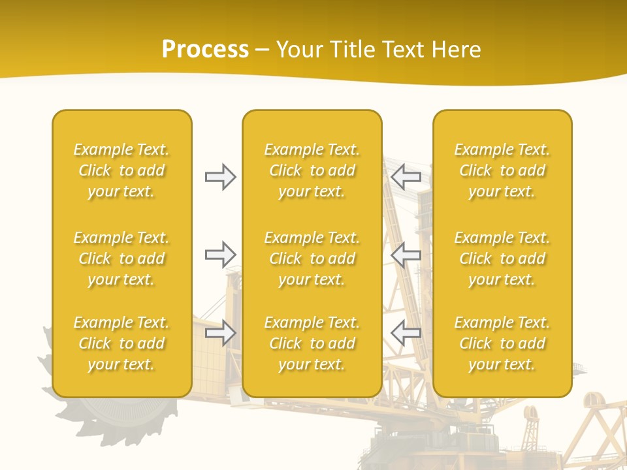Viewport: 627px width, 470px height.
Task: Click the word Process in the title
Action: pos(205,50)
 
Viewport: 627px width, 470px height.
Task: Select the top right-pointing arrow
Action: pos(220,177)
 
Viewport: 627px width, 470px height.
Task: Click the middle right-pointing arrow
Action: pos(220,255)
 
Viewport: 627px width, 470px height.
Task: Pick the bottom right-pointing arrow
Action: pos(220,332)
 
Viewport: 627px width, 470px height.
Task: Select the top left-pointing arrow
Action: pos(406,177)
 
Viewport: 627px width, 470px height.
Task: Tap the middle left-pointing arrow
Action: pos(406,255)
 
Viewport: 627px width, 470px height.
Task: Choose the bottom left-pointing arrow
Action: pos(406,332)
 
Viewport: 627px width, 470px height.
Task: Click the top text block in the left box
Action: pos(121,170)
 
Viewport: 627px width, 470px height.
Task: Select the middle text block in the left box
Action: pos(121,258)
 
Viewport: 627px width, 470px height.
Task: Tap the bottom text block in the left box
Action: pos(121,343)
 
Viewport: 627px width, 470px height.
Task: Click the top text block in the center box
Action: pos(312,170)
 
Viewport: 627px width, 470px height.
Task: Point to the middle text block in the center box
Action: pos(312,258)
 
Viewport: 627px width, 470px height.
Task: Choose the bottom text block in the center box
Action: pos(312,343)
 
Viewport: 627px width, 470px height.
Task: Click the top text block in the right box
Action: pos(502,170)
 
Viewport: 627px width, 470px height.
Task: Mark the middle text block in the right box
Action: pos(502,258)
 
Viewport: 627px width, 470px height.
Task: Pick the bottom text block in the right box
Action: pos(502,343)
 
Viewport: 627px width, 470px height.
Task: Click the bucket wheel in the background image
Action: pos(124,418)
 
